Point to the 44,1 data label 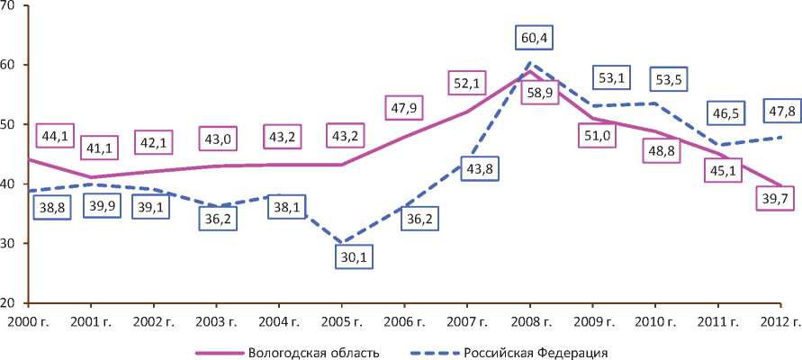click(x=52, y=136)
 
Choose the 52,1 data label click(x=466, y=83)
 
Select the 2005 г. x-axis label click(x=339, y=320)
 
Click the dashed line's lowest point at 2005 click(x=339, y=242)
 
